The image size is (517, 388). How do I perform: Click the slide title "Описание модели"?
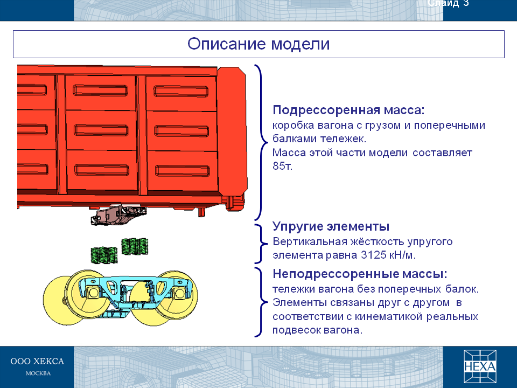point(258,44)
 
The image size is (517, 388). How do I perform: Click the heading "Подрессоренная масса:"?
point(348,110)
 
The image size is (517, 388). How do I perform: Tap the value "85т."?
point(283,165)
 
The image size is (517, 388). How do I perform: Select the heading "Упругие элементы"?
point(331,227)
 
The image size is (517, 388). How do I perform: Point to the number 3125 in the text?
point(374,255)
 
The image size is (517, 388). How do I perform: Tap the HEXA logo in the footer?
point(480,366)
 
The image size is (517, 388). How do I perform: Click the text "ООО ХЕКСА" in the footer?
point(37,361)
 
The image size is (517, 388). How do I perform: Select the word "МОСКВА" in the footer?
point(38,373)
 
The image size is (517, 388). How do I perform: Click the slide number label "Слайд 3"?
point(448,3)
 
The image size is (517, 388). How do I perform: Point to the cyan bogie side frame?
point(135,290)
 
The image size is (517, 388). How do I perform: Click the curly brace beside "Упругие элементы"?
point(261,244)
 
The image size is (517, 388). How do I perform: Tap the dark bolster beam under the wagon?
point(118,214)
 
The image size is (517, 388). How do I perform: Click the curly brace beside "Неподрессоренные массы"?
point(261,302)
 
